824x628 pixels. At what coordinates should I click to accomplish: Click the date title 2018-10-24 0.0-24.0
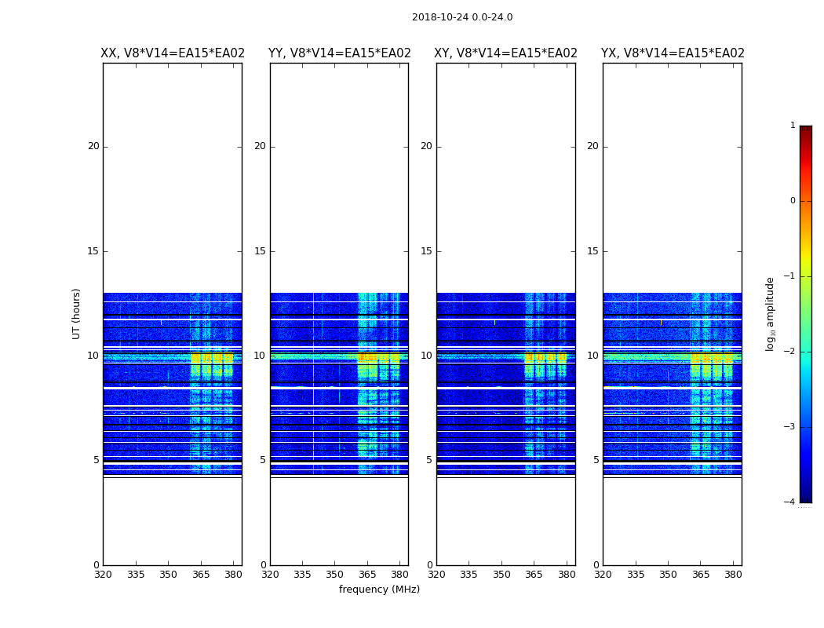click(462, 17)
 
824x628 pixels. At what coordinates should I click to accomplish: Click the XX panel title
click(173, 53)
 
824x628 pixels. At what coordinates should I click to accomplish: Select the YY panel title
click(339, 53)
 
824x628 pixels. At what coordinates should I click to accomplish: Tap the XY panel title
click(505, 53)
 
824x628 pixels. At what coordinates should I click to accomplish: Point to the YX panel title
click(673, 53)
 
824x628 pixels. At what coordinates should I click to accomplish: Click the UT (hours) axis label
click(77, 313)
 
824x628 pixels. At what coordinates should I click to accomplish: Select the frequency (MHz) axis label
click(379, 590)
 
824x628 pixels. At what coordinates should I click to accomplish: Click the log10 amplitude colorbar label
click(771, 313)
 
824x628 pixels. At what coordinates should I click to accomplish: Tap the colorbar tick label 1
click(792, 126)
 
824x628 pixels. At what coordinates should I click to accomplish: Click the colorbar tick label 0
click(792, 201)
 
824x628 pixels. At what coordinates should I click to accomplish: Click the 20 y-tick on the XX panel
click(93, 146)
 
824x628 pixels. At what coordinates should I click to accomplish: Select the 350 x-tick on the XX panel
click(168, 575)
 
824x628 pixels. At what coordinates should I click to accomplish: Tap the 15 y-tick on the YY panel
click(260, 251)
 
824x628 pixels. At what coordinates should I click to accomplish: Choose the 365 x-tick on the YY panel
click(367, 575)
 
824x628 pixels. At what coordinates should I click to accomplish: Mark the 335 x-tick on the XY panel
click(469, 575)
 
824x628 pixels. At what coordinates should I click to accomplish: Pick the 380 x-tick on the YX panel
click(733, 575)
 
